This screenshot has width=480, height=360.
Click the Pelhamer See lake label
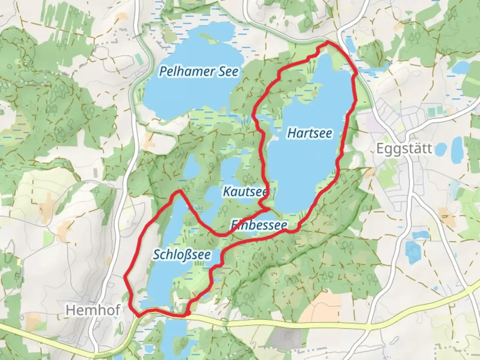tap(199, 71)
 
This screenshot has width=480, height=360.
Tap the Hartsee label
tap(309, 133)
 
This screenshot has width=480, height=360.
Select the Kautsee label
tap(244, 192)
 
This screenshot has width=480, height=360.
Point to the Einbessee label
tap(258, 225)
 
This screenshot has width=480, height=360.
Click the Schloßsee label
tap(182, 255)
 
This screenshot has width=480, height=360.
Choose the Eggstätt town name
tap(404, 149)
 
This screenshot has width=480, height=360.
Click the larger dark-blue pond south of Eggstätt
tap(412, 252)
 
